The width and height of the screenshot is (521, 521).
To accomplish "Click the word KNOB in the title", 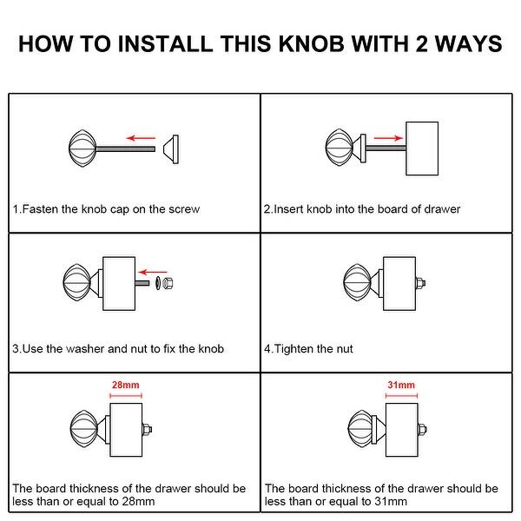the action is [x=312, y=43].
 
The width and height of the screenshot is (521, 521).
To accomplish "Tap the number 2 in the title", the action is [x=421, y=43].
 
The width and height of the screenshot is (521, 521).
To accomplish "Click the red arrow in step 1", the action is [x=141, y=138].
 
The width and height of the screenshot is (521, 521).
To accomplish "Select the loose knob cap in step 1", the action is [x=171, y=149].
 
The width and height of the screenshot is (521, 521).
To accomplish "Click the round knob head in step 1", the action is [x=82, y=148].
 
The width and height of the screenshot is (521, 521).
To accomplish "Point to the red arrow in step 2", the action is [x=388, y=138].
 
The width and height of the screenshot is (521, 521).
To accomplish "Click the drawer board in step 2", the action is [x=422, y=148].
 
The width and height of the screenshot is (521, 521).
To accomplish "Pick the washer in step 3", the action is [x=158, y=283].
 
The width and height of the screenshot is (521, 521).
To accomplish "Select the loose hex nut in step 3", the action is [x=168, y=283].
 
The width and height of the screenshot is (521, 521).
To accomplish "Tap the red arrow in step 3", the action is [x=153, y=273].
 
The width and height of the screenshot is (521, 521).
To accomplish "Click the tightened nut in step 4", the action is [x=420, y=283].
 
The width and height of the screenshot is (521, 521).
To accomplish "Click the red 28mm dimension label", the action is [x=126, y=385].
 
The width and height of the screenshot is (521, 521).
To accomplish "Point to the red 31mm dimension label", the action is [x=401, y=385].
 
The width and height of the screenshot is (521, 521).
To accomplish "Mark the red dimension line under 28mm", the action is [x=126, y=396].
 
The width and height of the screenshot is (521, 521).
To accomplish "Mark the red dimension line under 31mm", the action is [x=401, y=396].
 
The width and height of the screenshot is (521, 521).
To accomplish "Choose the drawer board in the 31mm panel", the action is [x=402, y=430].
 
